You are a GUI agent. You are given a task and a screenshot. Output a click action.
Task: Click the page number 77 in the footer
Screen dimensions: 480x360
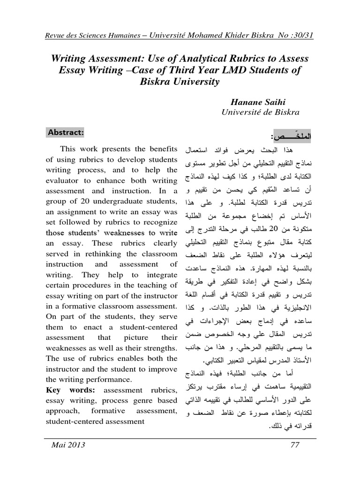point(295,445)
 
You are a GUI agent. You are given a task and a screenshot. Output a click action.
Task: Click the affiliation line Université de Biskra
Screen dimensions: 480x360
point(260,112)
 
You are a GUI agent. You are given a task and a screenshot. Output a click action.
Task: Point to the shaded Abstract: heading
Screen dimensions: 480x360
point(66,133)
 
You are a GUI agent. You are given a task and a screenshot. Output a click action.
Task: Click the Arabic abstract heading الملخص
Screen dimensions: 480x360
point(291,136)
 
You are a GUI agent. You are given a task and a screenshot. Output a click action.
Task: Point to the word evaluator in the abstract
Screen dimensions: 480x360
point(64,180)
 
